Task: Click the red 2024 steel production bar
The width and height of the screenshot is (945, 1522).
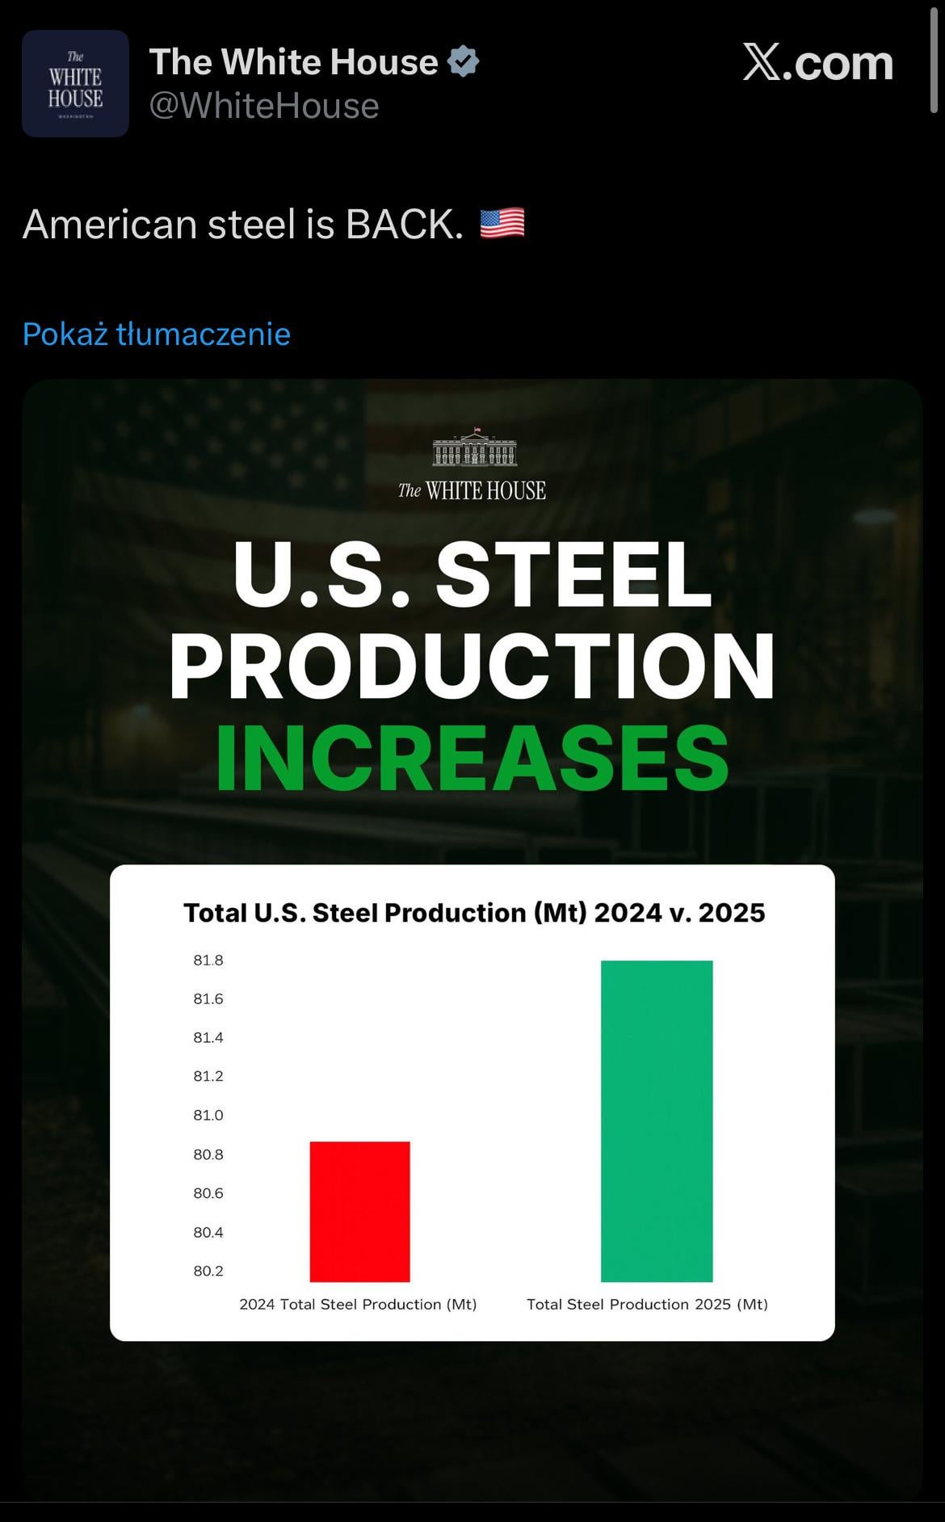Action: [360, 1211]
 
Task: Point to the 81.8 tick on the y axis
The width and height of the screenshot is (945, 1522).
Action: [208, 961]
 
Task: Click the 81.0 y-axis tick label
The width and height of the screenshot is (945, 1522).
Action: [208, 1116]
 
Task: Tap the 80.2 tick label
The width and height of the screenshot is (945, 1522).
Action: [208, 1271]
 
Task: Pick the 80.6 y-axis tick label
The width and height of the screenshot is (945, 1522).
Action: [208, 1193]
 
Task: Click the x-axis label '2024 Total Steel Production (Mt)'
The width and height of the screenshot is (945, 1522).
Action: [358, 1304]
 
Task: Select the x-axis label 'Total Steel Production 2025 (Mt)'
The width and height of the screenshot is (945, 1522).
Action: [647, 1304]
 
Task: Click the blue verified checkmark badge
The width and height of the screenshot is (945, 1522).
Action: [464, 62]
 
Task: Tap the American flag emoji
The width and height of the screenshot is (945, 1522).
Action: [502, 224]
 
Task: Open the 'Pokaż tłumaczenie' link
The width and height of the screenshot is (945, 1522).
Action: [157, 334]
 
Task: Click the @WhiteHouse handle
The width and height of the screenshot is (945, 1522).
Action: [264, 106]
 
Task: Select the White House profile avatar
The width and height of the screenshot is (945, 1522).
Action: [75, 84]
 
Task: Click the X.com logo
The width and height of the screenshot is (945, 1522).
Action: [817, 63]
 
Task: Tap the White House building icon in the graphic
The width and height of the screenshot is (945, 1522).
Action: [474, 449]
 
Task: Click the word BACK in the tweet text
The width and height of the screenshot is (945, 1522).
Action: [404, 224]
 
